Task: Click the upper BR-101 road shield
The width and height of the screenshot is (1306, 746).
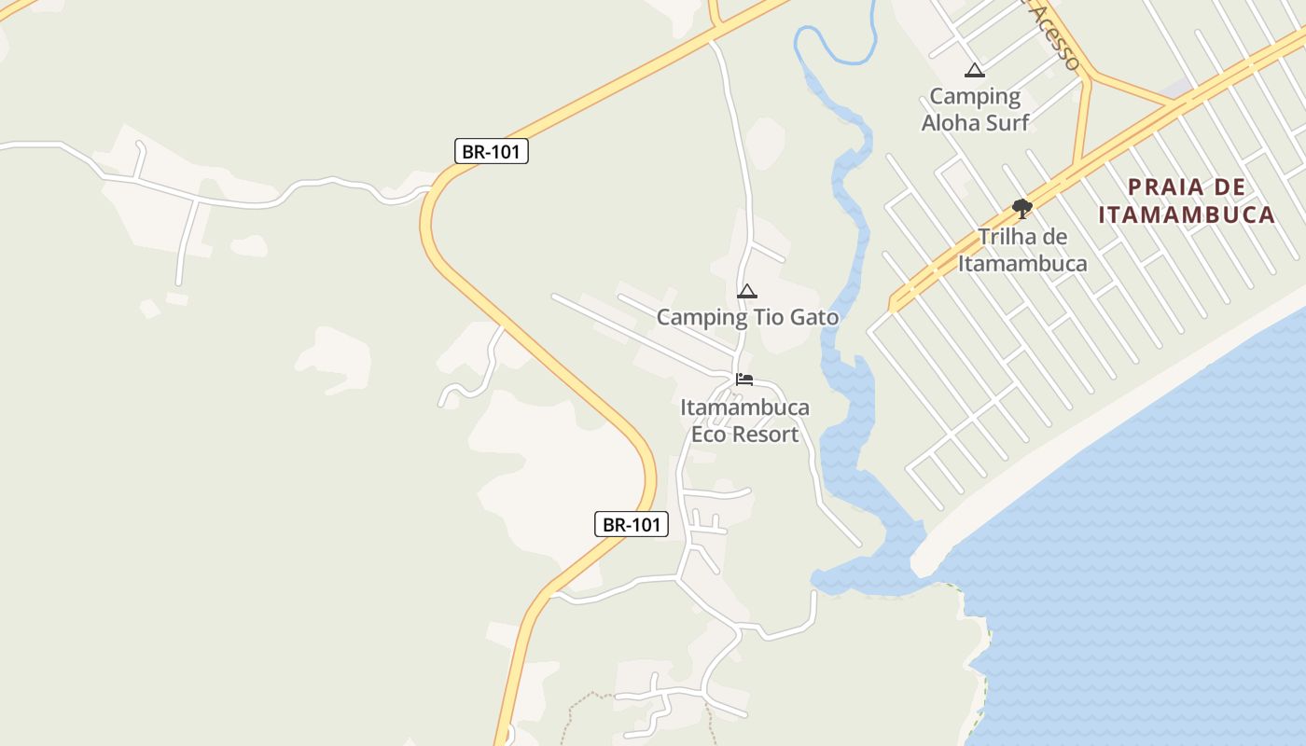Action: click(492, 151)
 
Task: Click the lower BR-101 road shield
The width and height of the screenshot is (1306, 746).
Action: click(632, 524)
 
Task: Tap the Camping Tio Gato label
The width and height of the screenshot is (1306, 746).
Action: click(747, 317)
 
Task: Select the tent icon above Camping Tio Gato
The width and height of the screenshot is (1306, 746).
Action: click(747, 292)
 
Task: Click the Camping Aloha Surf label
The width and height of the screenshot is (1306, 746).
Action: click(975, 109)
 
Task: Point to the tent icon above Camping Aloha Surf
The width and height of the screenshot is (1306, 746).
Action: click(975, 70)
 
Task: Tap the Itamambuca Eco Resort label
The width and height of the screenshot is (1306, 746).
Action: click(745, 421)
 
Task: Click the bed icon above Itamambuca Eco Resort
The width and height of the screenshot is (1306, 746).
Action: click(744, 380)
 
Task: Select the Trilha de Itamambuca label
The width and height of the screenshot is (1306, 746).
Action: click(1022, 250)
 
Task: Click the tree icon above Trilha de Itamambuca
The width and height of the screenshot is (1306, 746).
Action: click(1022, 208)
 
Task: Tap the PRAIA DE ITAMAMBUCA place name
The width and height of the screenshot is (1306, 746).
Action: click(1186, 200)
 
